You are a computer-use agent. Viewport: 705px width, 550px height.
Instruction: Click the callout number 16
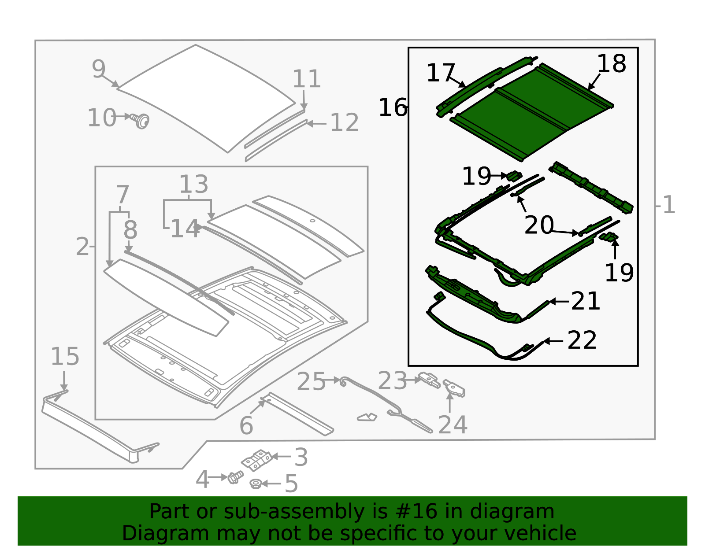(393, 108)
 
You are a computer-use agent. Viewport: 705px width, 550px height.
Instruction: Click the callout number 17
(440, 73)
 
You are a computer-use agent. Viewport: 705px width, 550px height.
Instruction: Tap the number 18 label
(612, 64)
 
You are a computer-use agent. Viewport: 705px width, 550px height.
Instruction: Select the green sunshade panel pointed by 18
(529, 112)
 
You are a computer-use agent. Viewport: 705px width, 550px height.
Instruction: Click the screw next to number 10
(142, 120)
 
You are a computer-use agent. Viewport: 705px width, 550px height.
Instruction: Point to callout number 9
(99, 69)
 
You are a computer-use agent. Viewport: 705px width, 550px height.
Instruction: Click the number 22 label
(582, 340)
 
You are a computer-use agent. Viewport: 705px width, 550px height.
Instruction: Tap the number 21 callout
(585, 301)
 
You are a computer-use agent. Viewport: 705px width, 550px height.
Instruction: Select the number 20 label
(539, 225)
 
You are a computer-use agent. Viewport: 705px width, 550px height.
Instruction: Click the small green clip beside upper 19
(514, 176)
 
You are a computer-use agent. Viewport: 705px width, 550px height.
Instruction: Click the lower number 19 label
(619, 273)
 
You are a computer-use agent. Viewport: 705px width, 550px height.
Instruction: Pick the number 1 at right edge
(668, 205)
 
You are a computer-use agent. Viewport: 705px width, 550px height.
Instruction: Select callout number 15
(65, 357)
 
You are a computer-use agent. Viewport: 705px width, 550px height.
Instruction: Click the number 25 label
(311, 382)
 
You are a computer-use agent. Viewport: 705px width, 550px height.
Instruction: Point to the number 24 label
(453, 425)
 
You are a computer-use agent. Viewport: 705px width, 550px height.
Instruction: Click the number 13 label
(193, 185)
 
